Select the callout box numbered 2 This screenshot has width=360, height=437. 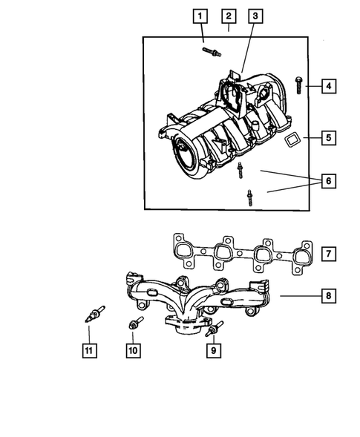tap(228, 15)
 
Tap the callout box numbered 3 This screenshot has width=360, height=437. tap(255, 15)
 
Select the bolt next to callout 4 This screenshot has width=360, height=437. tap(298, 85)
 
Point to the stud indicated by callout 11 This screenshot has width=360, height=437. tap(94, 315)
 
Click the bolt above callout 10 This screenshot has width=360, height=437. tap(136, 323)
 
